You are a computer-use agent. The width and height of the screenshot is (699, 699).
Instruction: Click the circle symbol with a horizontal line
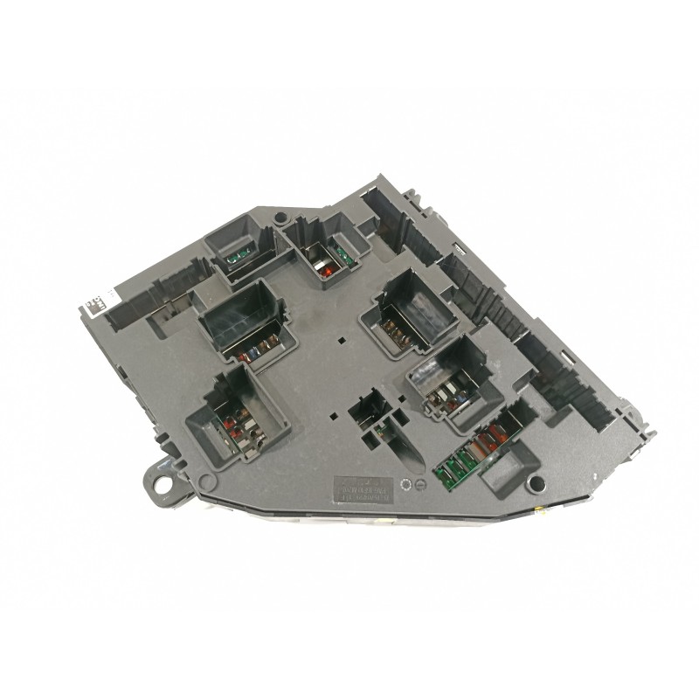click(x=419, y=484)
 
